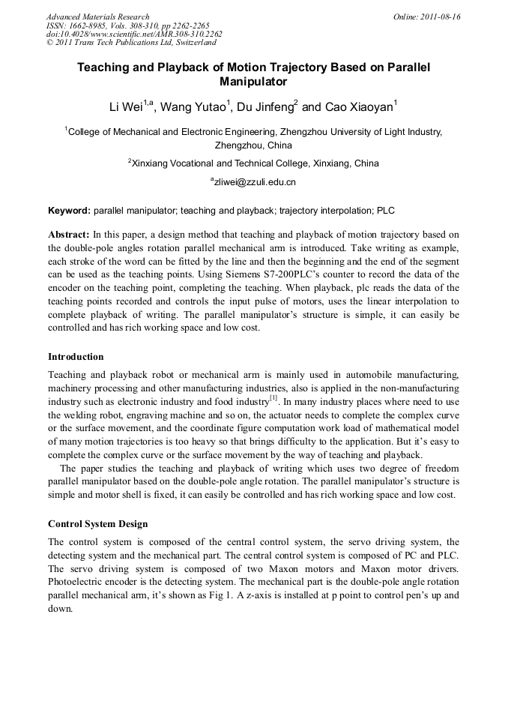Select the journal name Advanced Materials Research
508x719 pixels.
coord(97,16)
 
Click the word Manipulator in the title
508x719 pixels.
coord(253,81)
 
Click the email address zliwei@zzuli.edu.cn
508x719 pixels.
coord(255,181)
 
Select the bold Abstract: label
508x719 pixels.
coord(69,235)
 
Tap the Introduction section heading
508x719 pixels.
coord(76,356)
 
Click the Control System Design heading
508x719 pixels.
coord(97,524)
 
